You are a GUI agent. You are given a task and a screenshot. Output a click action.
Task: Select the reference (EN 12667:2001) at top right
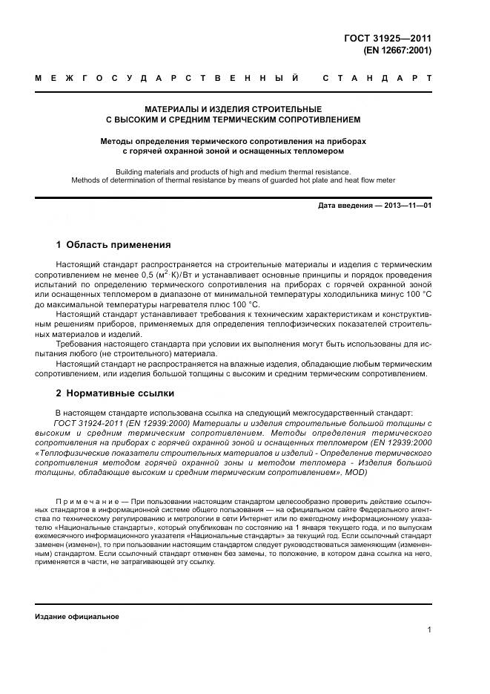coord(397,51)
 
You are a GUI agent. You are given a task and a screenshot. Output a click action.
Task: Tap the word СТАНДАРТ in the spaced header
coord(377,77)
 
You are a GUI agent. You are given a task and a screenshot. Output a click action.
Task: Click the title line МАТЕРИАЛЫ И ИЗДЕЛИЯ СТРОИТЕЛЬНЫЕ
coord(233,108)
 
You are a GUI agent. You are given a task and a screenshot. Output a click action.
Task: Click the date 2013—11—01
coord(406,205)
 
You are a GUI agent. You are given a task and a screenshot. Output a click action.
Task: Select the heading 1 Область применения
coord(113,244)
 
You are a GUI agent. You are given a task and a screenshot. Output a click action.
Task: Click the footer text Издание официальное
coord(77,617)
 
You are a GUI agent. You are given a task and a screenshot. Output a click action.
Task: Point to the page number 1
coord(429,630)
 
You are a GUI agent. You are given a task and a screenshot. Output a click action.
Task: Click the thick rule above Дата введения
coord(233,197)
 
